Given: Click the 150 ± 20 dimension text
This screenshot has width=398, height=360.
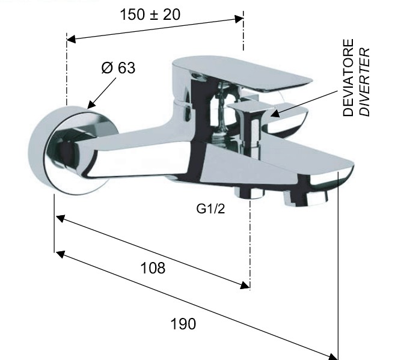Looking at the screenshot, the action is point(150,14).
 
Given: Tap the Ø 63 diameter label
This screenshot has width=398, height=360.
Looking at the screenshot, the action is point(118,68).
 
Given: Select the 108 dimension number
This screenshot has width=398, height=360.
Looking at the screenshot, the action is point(153,268).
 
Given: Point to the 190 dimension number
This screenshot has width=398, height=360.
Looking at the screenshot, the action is point(183,324).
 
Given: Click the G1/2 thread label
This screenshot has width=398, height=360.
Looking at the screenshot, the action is point(210,209).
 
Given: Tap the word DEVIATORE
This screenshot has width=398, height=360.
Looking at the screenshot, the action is point(348,78).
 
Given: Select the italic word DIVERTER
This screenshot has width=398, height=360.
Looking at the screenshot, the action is point(365,82).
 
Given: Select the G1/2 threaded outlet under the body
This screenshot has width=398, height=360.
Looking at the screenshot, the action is point(250,192).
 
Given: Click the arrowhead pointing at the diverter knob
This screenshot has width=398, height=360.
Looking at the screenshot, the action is point(275,114).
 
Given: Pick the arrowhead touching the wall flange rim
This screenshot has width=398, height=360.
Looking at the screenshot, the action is point(91,104).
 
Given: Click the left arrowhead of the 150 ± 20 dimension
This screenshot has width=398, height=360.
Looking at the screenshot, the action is point(72,39).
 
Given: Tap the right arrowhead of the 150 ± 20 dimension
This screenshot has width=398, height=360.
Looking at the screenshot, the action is point(239,19).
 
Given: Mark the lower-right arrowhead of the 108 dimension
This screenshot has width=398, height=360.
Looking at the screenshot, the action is point(245,285).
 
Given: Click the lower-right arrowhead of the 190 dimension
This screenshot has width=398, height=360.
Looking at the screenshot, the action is point(333,356).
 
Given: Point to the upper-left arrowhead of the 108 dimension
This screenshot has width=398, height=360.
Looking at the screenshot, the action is point(60,218).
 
